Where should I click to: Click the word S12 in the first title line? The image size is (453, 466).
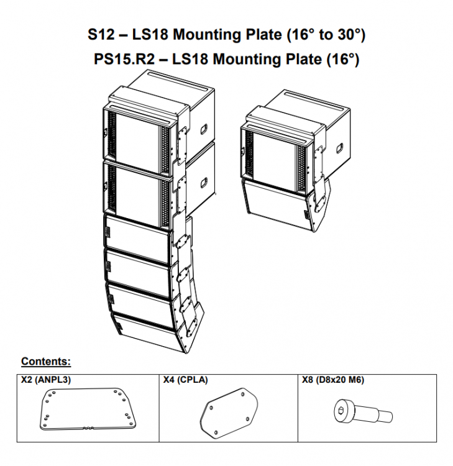click(x=101, y=35)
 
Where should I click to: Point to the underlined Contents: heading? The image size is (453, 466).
click(x=46, y=361)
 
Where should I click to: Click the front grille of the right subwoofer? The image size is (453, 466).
click(x=275, y=155)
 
